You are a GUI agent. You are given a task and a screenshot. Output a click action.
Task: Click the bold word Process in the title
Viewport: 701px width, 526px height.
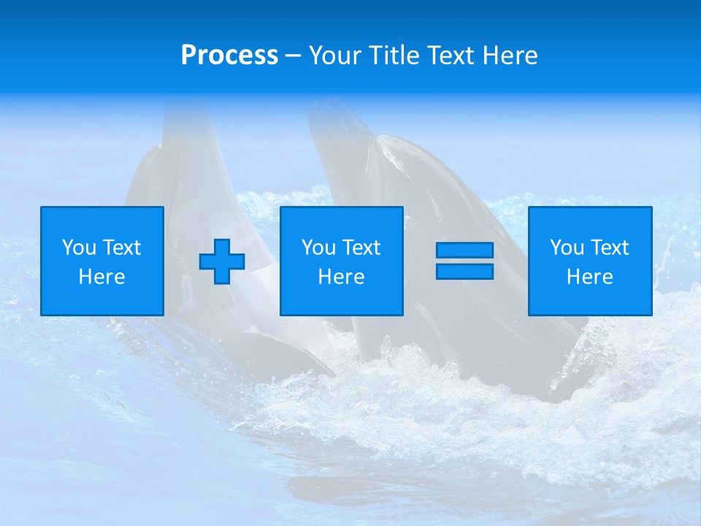229,56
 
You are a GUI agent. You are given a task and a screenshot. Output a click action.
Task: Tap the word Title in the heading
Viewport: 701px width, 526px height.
392,56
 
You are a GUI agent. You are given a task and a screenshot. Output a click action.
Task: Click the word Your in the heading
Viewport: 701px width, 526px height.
336,56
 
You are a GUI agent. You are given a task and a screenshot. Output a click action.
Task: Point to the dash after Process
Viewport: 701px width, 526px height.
294,56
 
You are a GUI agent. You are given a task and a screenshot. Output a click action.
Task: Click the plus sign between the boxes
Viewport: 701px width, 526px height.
222,262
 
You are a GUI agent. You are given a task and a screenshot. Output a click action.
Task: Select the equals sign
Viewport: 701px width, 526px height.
464,261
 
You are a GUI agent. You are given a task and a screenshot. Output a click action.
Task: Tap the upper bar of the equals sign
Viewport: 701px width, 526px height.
464,251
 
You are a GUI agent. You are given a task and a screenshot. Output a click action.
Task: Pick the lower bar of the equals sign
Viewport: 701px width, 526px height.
464,271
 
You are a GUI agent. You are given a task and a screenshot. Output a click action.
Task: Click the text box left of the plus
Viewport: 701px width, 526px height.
101,261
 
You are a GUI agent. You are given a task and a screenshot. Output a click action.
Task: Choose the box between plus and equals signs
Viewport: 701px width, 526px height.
341,261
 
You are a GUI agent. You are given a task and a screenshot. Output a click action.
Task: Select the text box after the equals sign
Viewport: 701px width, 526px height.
589,261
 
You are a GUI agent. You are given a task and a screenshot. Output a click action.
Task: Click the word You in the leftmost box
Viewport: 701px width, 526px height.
79,248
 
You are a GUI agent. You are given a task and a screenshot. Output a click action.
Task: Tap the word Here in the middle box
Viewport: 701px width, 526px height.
341,277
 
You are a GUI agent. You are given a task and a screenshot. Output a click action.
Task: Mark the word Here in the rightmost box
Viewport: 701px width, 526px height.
589,277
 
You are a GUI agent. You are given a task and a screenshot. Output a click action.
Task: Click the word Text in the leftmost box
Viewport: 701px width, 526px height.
121,248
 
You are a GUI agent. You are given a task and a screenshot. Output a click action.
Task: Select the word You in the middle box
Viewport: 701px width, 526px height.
318,248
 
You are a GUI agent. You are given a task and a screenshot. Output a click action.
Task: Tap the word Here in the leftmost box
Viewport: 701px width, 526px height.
101,277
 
